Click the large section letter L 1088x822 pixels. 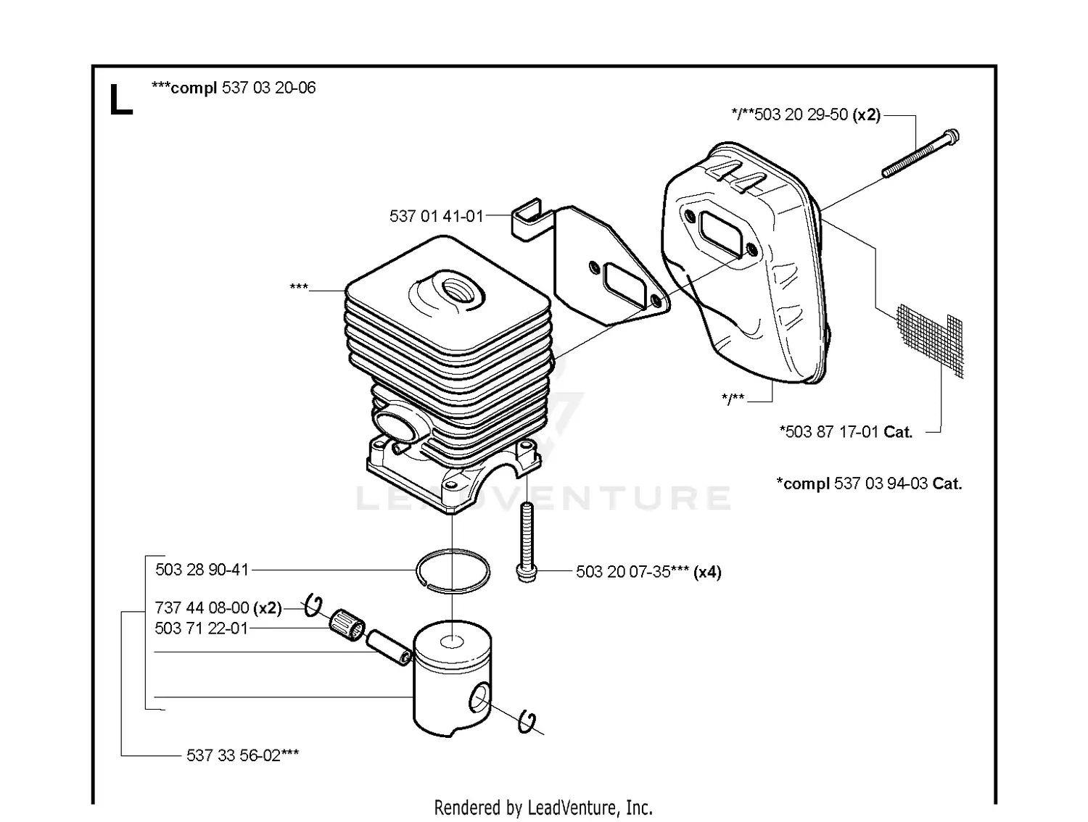(x=120, y=100)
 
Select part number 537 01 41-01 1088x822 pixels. (x=436, y=216)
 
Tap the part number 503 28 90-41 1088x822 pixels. (x=202, y=570)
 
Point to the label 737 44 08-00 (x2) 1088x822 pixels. (x=218, y=607)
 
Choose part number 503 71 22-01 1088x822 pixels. (x=201, y=628)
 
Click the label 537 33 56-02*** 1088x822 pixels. (x=242, y=755)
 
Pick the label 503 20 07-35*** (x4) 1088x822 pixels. (x=648, y=572)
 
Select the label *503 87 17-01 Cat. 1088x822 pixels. (x=846, y=432)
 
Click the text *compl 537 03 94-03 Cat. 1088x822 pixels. (x=869, y=483)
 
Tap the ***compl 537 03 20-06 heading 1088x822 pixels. (x=233, y=88)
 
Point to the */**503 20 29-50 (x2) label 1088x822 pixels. (x=805, y=115)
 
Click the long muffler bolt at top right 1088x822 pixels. (x=920, y=153)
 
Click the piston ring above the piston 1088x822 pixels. (x=453, y=571)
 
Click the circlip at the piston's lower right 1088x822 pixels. (x=529, y=722)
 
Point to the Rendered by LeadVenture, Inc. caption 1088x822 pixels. (x=543, y=808)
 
